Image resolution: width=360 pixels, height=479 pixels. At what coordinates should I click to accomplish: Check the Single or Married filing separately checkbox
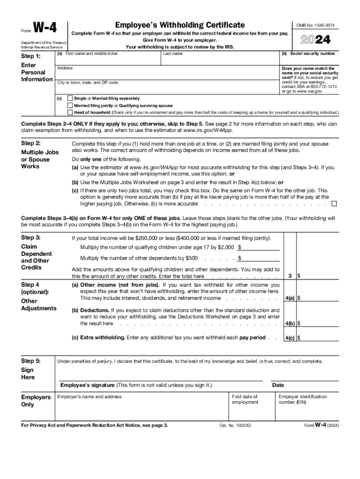pos(70,99)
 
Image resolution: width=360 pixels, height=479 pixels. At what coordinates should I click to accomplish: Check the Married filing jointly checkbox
pos(70,106)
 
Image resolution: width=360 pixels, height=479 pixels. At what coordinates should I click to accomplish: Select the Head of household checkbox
pos(70,113)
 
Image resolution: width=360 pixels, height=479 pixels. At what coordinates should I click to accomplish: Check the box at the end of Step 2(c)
pos(334,204)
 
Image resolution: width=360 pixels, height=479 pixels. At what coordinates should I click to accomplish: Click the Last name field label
pos(173,54)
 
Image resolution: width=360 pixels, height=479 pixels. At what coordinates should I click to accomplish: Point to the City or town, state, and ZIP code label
pos(87,83)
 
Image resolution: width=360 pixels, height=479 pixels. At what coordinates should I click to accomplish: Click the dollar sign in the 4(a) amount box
pos(299,298)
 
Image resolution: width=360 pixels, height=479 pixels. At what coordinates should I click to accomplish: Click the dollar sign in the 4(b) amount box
pos(299,323)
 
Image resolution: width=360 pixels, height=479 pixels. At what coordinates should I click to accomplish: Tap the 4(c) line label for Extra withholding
pos(290,338)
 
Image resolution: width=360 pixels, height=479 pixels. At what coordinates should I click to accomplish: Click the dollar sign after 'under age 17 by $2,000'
pos(240,247)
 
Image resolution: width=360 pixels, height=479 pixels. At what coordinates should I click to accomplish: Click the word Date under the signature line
pos(278,385)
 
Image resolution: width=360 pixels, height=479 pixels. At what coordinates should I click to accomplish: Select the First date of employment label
pos(245,399)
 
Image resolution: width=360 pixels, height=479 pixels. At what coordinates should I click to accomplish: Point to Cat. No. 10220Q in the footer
pos(235,426)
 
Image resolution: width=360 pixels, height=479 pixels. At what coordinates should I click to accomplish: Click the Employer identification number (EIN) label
pos(302,399)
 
